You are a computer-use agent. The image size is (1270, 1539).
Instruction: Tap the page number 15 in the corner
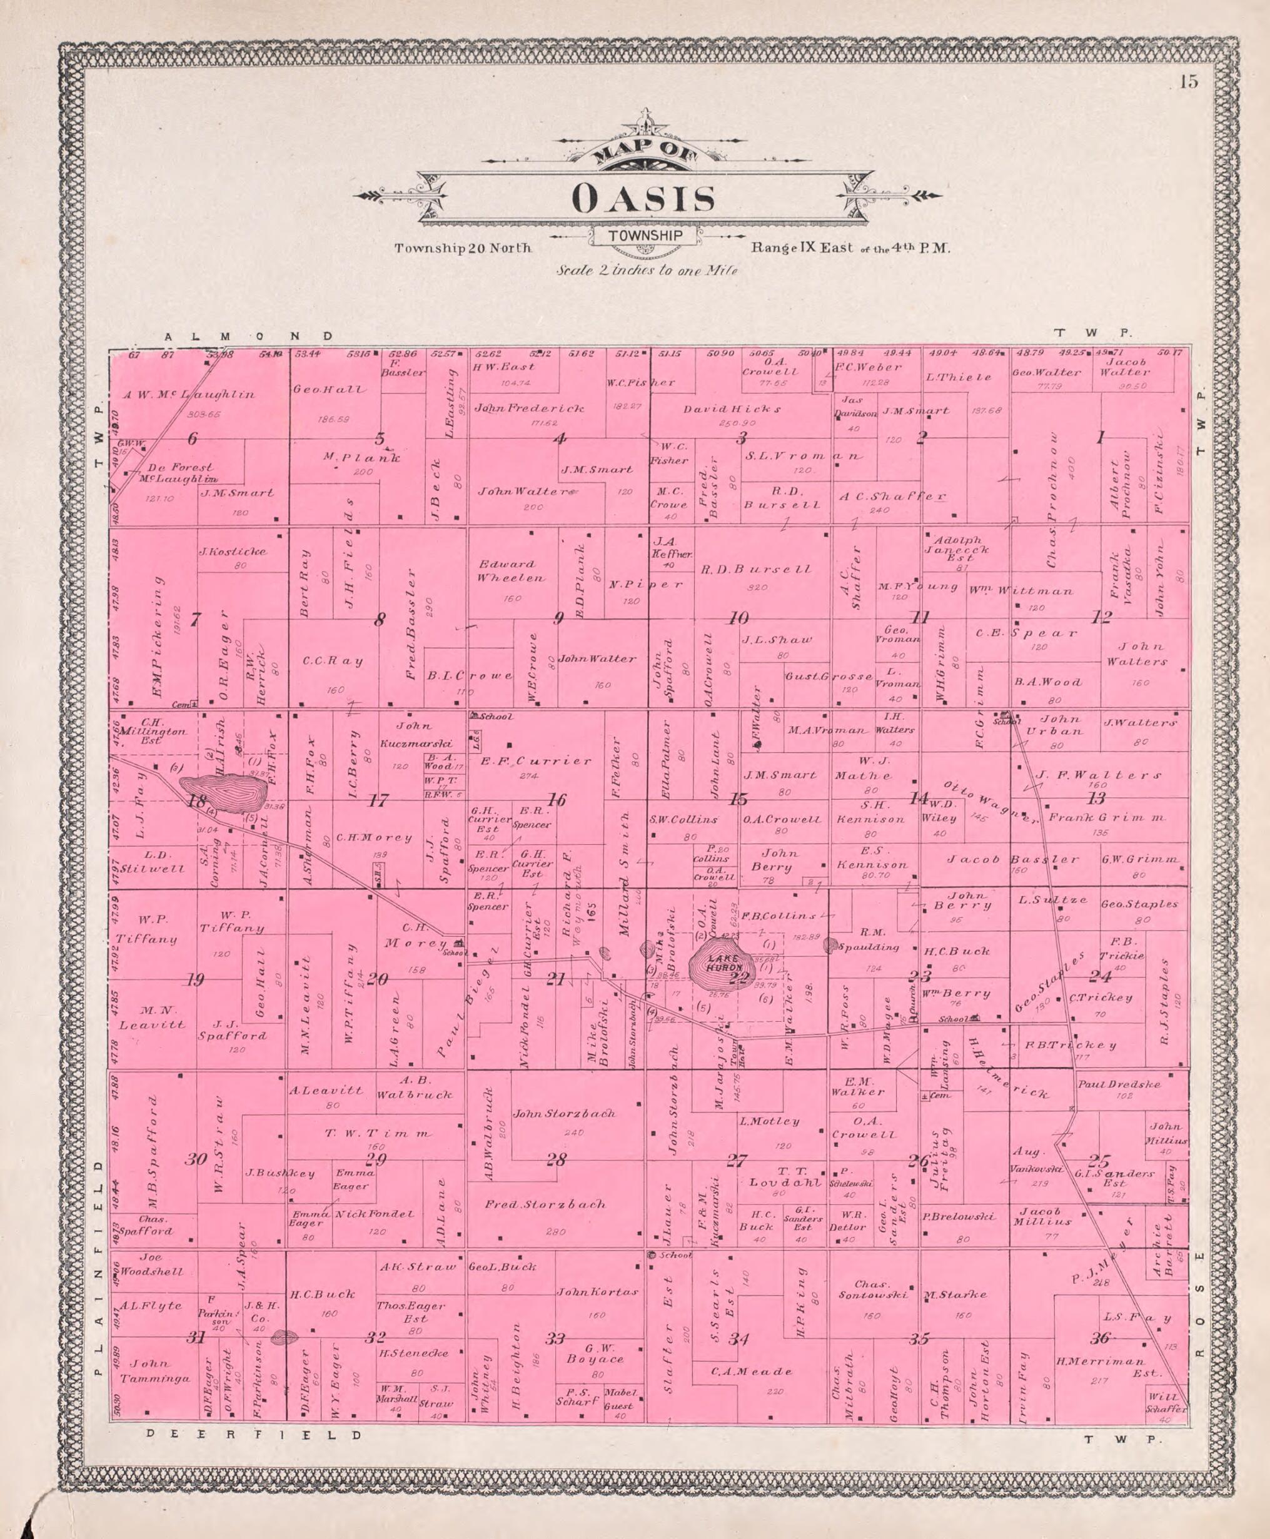(x=1189, y=82)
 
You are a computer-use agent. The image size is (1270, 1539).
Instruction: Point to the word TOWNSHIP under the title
(x=645, y=236)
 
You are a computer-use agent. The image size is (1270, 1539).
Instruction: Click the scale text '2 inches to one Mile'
(x=647, y=270)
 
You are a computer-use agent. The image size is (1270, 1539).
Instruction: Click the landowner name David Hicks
(x=732, y=409)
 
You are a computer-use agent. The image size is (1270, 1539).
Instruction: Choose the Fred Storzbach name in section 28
(x=545, y=1203)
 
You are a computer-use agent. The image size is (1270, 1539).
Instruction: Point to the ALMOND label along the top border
(x=248, y=336)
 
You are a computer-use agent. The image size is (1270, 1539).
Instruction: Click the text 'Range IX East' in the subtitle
(x=801, y=247)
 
